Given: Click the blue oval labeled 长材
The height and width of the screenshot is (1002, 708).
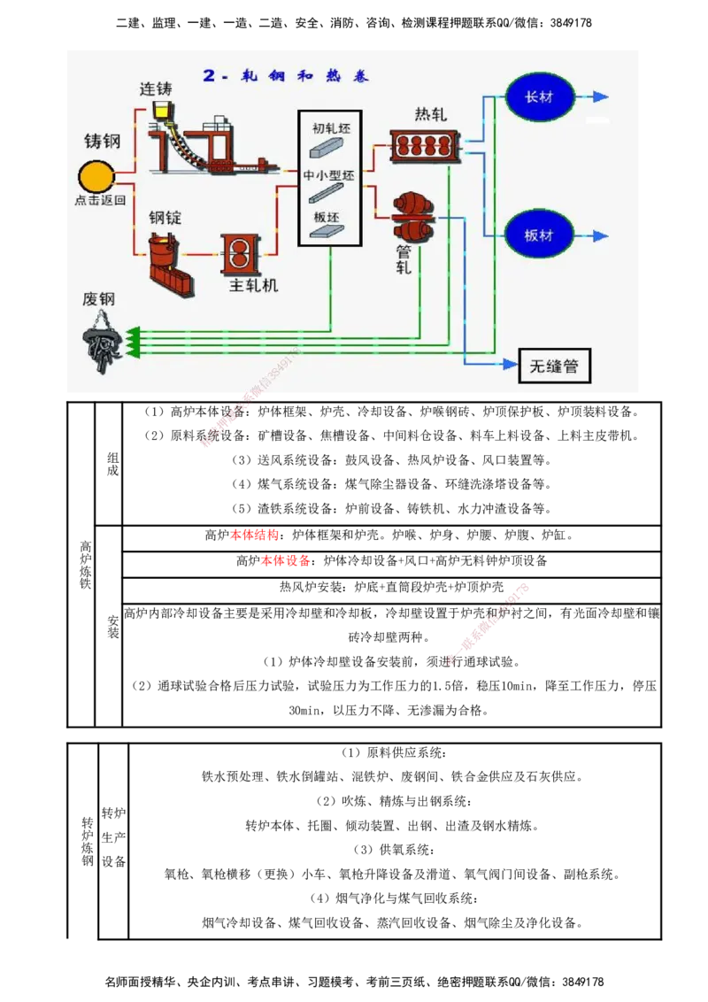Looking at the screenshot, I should point(540,96).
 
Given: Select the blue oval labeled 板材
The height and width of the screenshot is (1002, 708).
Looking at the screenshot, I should point(540,235).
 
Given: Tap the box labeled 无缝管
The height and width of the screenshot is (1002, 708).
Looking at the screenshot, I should point(554,366).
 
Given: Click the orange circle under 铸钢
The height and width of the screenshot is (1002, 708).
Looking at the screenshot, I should point(97,176).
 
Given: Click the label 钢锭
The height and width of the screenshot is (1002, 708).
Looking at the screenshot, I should point(165,218).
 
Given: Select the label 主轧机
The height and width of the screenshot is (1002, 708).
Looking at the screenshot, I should point(253,285).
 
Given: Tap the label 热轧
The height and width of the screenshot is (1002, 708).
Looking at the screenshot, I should point(431,115).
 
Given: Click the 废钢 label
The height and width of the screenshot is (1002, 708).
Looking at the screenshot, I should point(98,299).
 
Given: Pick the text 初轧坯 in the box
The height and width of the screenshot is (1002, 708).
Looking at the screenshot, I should point(331,127).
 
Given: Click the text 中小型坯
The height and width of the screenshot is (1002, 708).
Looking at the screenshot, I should point(328,175).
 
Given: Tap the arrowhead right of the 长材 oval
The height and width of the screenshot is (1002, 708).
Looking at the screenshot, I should point(601,96).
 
